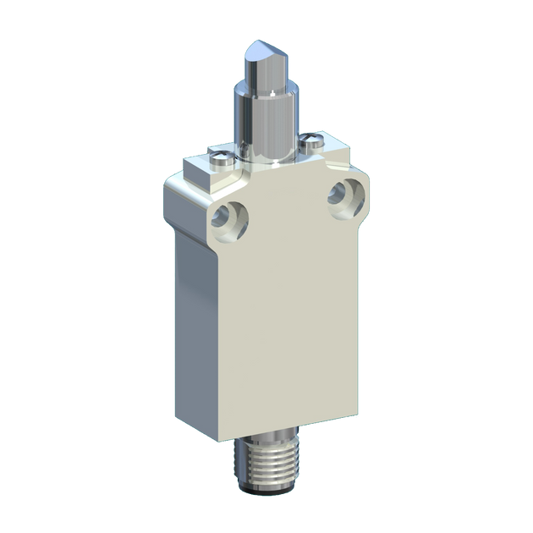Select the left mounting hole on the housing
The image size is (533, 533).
coord(230,219)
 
